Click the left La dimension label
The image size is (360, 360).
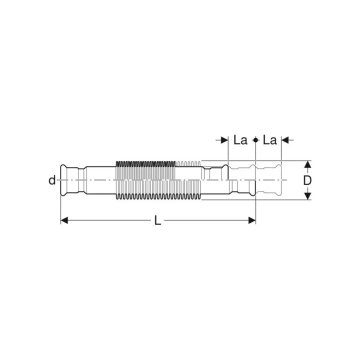click(x=240, y=140)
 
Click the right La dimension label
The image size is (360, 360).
click(x=270, y=140)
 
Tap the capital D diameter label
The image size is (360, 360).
click(x=307, y=180)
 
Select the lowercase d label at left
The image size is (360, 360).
click(x=52, y=180)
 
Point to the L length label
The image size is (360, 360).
click(x=157, y=220)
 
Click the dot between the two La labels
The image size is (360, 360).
click(x=255, y=140)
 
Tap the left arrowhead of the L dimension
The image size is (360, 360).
click(x=64, y=220)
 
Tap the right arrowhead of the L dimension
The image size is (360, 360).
click(x=252, y=220)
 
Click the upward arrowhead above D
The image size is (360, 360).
click(x=307, y=164)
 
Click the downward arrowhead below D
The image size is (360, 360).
click(x=307, y=196)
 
